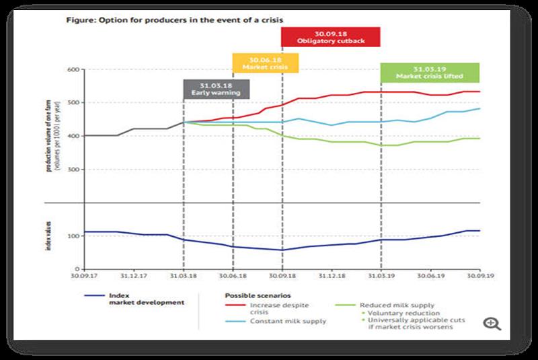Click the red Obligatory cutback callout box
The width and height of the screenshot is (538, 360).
[x=331, y=36]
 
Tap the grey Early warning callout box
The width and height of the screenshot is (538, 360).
[x=217, y=89]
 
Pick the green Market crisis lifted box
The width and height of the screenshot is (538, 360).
[x=430, y=72]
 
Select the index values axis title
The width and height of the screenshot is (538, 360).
[x=48, y=236]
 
